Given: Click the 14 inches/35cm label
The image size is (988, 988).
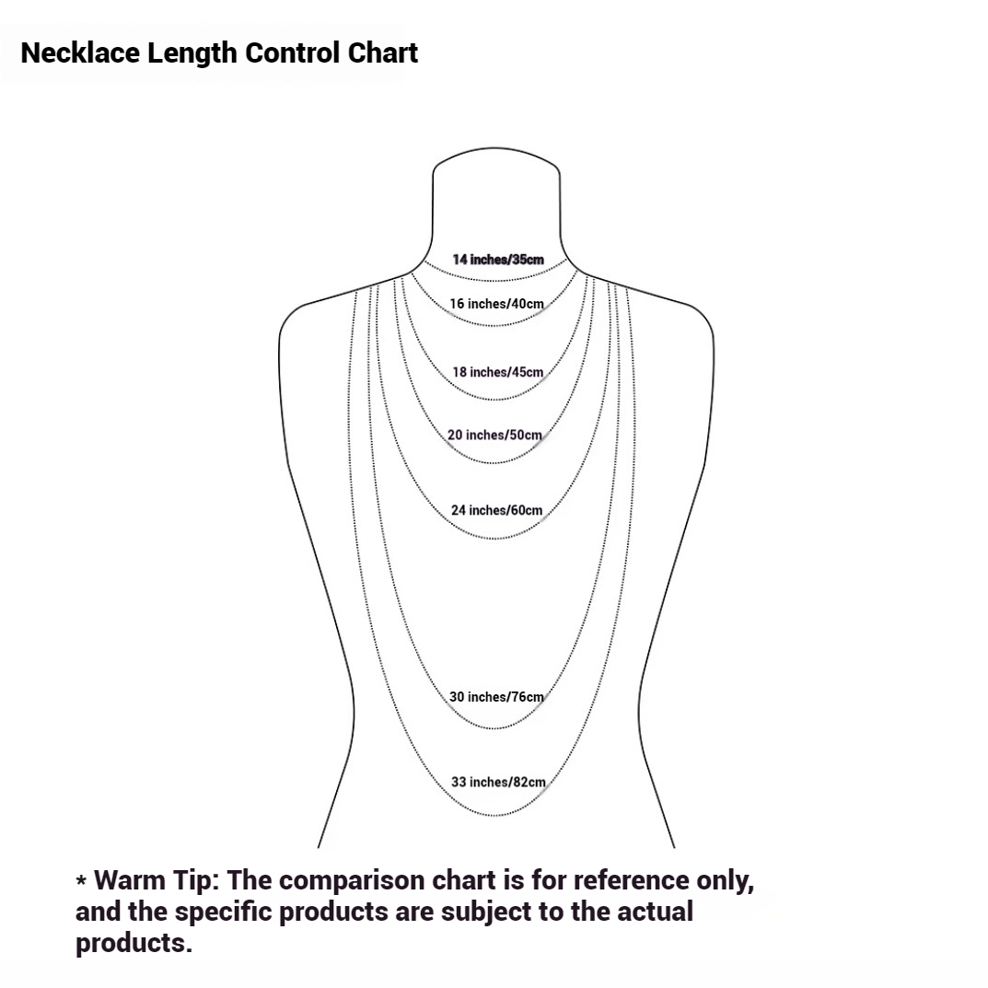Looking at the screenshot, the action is click(498, 260).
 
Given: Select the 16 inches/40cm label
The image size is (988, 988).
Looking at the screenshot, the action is click(496, 304).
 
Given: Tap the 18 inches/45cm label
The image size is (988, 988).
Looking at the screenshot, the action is click(498, 372).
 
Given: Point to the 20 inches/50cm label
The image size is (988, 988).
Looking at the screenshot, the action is click(494, 435).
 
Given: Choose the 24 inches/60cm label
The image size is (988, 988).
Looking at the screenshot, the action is click(496, 510).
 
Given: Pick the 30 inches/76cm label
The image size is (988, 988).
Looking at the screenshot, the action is click(496, 696).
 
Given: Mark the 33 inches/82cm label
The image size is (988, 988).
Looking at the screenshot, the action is click(498, 782).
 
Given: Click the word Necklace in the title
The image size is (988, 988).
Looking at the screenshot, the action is click(80, 52).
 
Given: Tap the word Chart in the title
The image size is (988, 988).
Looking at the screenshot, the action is click(382, 52).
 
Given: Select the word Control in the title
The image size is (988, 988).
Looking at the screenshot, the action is click(292, 52).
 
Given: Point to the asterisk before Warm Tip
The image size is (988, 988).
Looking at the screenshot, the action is click(81, 880).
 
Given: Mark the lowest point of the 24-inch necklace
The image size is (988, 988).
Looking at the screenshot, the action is click(495, 539).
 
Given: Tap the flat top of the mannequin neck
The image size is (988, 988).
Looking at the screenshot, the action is click(496, 148).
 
